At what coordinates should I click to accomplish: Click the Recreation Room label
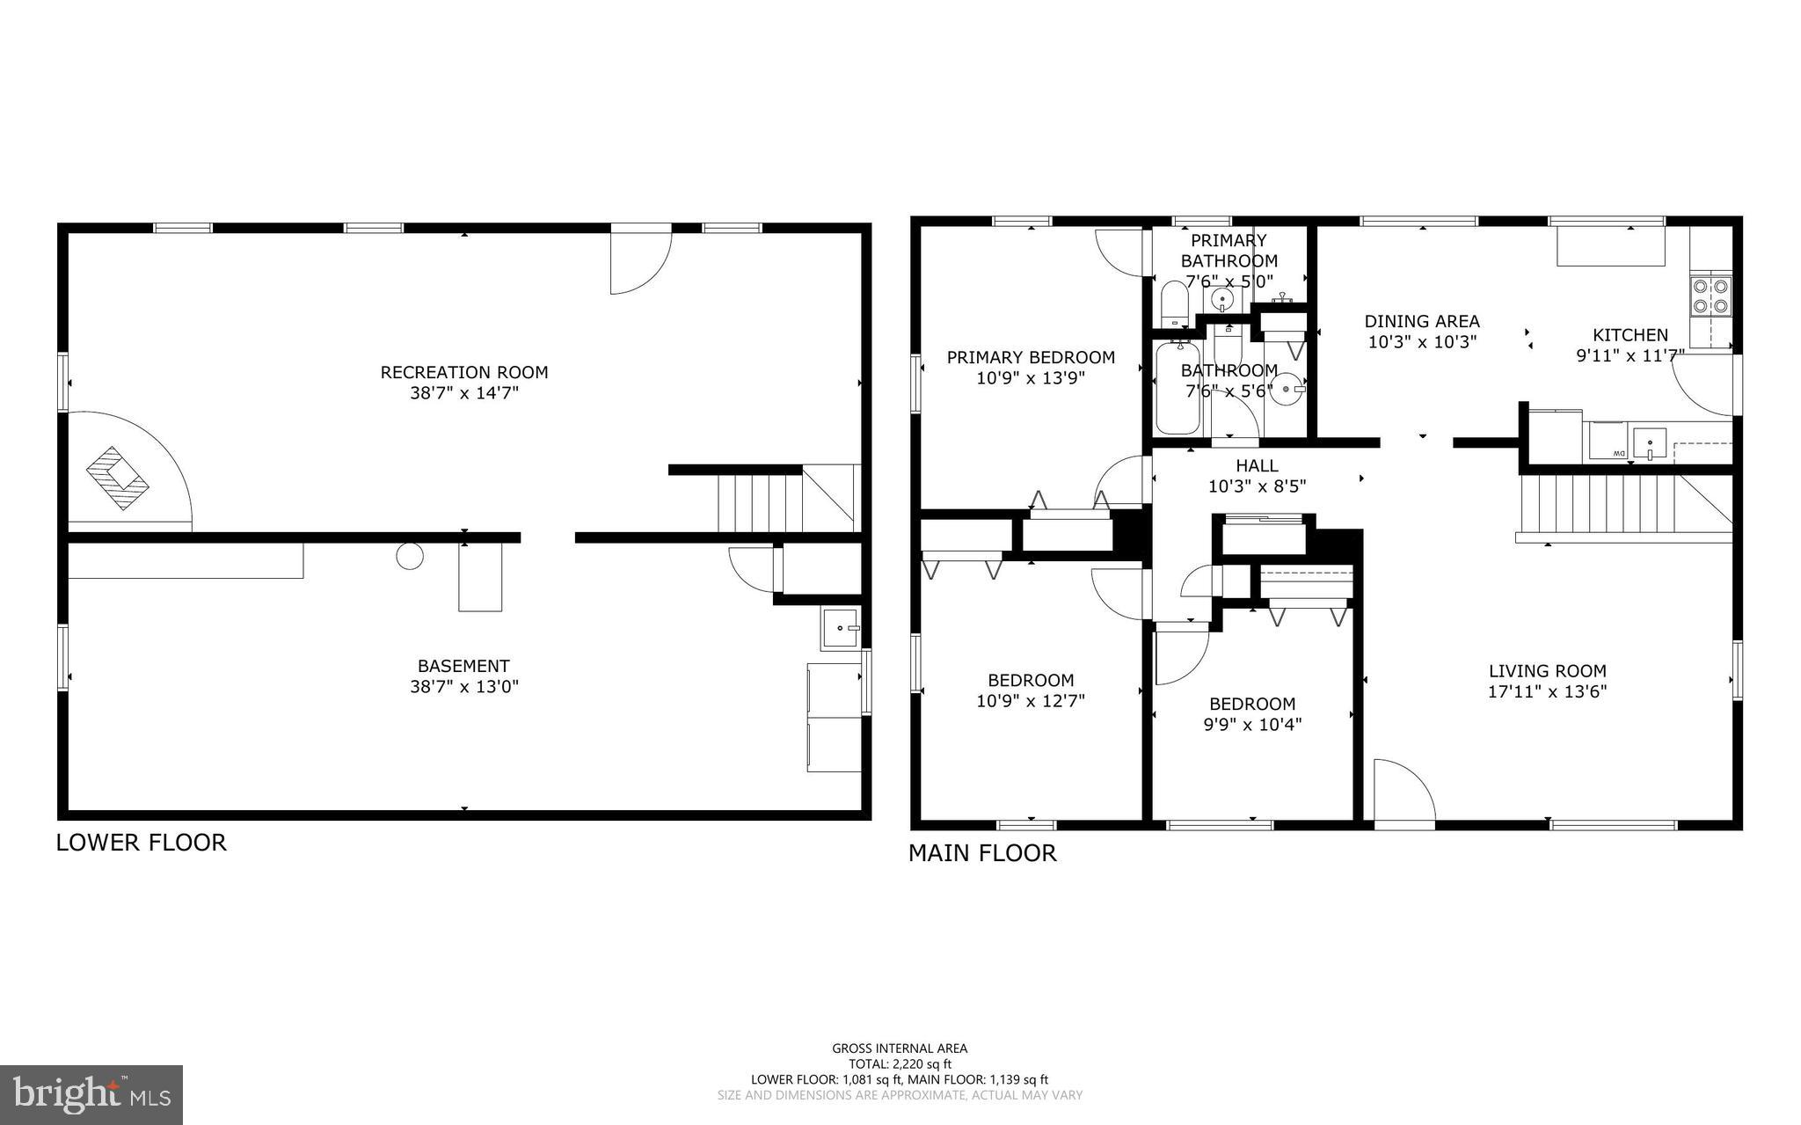(x=463, y=372)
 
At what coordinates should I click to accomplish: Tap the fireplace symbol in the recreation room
(x=118, y=478)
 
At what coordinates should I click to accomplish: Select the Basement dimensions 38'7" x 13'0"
(x=464, y=687)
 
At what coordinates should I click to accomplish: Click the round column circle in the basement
(x=410, y=556)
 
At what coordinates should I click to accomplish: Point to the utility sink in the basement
(x=841, y=628)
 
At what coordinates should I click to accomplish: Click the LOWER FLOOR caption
(x=142, y=843)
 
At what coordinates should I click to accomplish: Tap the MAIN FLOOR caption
(x=982, y=853)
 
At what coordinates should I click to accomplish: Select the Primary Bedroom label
(x=1031, y=357)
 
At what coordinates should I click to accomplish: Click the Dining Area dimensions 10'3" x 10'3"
(x=1422, y=342)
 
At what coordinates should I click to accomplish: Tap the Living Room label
(x=1547, y=670)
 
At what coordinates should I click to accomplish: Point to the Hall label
(x=1257, y=465)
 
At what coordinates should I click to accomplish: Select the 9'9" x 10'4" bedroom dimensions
(x=1252, y=725)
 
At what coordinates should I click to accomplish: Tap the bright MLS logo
(x=91, y=1094)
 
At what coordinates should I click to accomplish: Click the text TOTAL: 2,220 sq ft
(x=900, y=1063)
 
